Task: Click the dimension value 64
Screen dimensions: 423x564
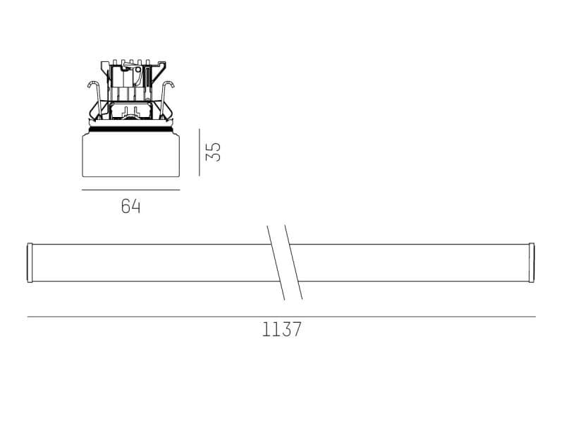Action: click(x=130, y=207)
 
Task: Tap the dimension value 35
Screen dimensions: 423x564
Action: click(x=214, y=152)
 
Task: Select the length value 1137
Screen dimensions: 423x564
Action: click(x=281, y=330)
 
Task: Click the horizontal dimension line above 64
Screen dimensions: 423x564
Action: click(x=130, y=190)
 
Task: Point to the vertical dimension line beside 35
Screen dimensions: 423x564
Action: click(x=200, y=152)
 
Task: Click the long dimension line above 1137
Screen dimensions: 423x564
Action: click(x=281, y=317)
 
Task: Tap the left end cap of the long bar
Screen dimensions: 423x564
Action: click(x=30, y=262)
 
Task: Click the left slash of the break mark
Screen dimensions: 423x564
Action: click(x=276, y=262)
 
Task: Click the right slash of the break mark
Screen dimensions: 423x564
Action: click(x=294, y=262)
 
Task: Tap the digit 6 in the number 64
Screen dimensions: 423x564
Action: click(x=125, y=207)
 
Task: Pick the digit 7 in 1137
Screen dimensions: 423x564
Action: click(x=296, y=330)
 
